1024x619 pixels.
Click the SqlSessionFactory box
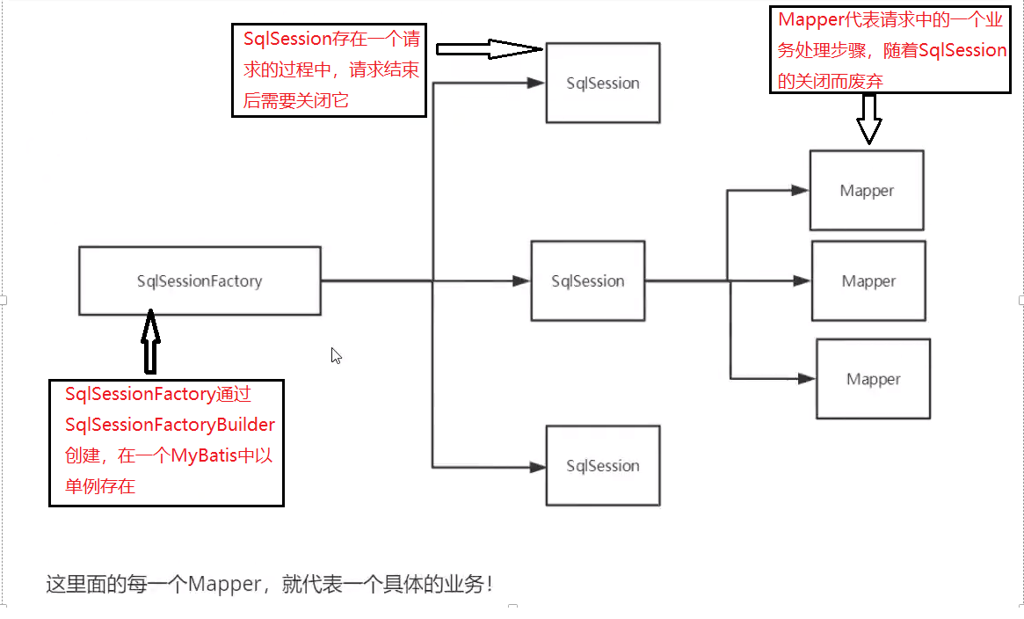pos(200,280)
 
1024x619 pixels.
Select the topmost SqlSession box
pos(602,83)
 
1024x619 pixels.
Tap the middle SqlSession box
pos(587,280)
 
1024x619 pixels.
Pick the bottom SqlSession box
pos(602,465)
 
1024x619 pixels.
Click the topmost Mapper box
pos(866,190)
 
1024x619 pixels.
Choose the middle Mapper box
pos(868,280)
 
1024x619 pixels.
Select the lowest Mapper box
pos(872,379)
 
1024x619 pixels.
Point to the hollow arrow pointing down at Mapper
pos(868,119)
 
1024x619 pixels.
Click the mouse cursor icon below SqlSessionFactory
pos(336,355)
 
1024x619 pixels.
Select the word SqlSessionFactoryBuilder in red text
pos(170,425)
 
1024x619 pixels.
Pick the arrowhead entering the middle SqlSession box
pos(521,280)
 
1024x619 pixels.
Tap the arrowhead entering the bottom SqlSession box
pos(536,466)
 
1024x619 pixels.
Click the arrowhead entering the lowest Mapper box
pos(806,378)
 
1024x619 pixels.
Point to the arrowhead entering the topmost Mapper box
pos(799,190)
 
